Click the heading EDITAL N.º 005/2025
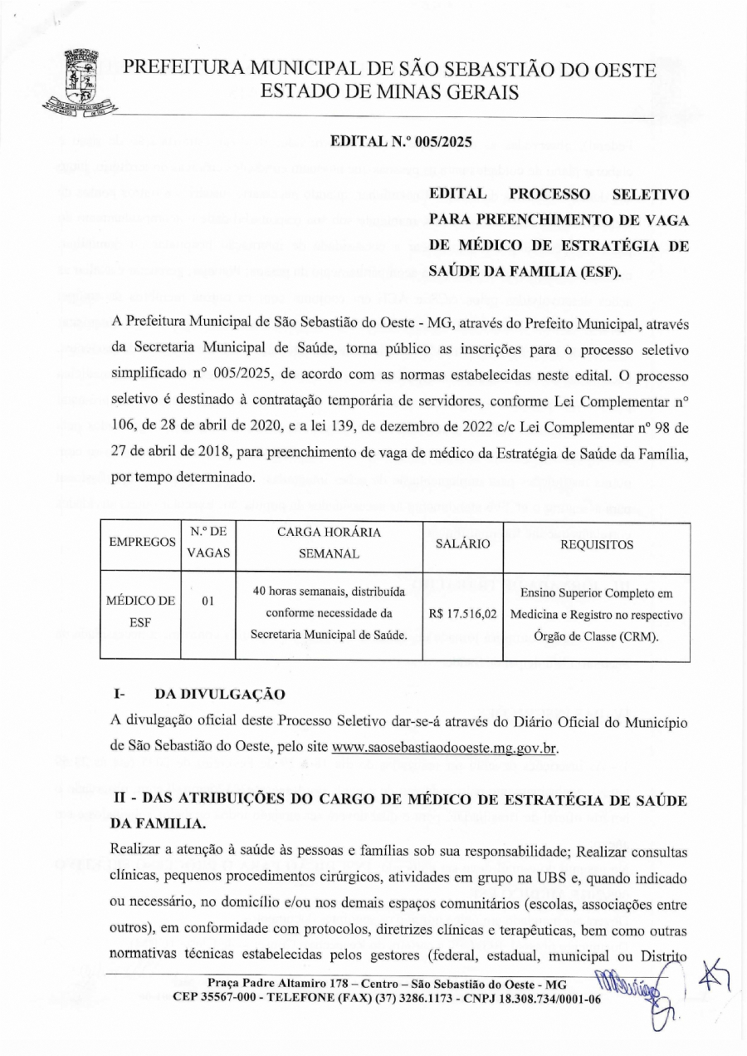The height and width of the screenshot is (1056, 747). (401, 142)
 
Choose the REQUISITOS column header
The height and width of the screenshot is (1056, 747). (597, 545)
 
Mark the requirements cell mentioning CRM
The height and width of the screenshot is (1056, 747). (596, 615)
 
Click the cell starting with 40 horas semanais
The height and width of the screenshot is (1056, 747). (329, 615)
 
